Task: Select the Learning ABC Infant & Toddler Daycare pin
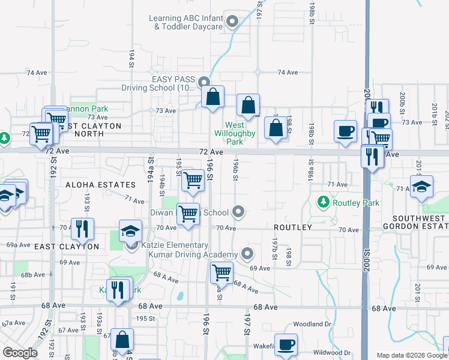point(233,23)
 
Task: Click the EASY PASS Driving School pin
point(204,82)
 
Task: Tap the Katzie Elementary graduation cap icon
point(130,231)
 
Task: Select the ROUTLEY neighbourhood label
point(293,228)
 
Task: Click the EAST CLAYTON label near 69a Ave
point(66,247)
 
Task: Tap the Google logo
point(20,353)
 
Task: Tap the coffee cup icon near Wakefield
point(286,344)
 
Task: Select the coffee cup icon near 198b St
point(345,131)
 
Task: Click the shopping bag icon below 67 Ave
point(122,340)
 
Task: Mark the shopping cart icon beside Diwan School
point(188,214)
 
